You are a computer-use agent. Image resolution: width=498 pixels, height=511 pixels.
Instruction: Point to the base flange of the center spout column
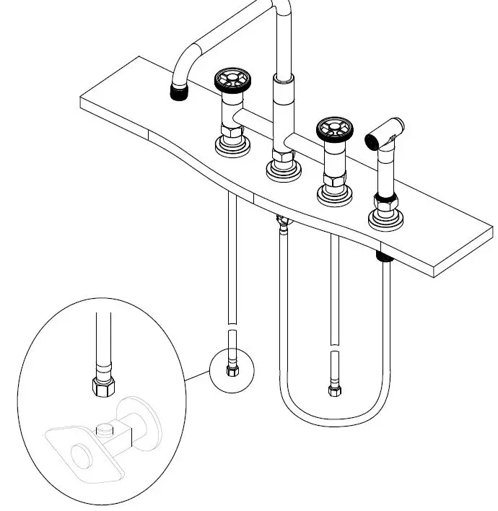282,170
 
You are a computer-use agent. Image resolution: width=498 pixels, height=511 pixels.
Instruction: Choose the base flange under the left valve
233,144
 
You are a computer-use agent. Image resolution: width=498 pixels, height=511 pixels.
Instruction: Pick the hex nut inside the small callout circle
232,371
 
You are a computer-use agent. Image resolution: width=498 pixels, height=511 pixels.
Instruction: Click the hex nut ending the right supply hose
334,390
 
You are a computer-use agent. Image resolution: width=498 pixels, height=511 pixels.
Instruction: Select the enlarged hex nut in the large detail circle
102,387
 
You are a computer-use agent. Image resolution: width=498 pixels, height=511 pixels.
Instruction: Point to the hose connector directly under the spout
281,224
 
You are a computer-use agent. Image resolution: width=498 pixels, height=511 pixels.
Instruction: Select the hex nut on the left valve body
233,131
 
